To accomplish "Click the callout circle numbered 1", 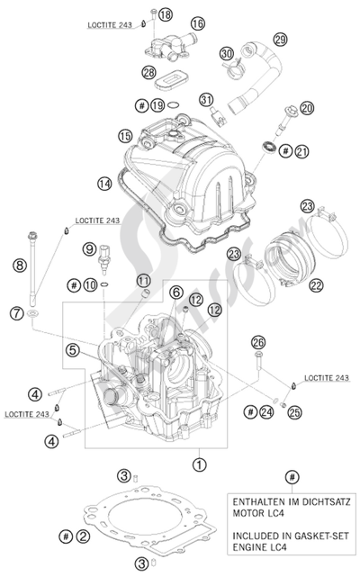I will [x=198, y=464].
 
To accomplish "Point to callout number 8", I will [x=19, y=265].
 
